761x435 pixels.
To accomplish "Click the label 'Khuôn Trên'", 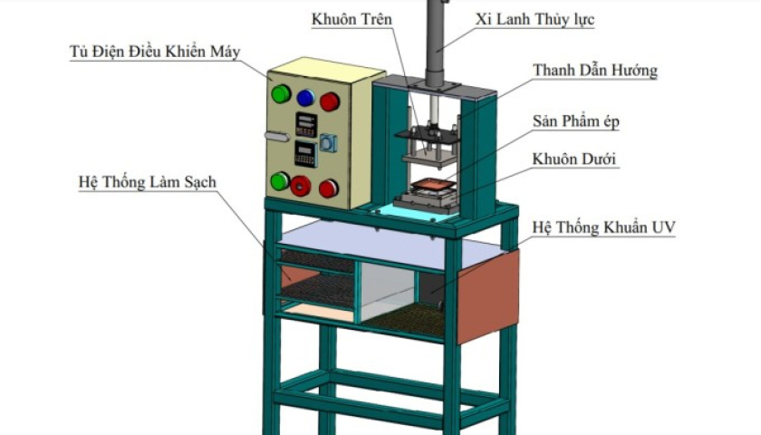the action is pyautogui.click(x=352, y=19).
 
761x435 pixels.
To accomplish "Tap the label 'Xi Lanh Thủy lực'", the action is pyautogui.click(x=535, y=19).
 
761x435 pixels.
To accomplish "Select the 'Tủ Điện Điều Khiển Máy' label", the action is pyautogui.click(x=155, y=52).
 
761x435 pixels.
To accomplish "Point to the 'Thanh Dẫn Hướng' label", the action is pyautogui.click(x=595, y=71).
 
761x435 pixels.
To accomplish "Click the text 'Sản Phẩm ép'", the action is pyautogui.click(x=575, y=121).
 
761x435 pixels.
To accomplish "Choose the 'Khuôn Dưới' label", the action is pyautogui.click(x=574, y=159).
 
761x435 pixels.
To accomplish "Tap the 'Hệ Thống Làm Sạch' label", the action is pyautogui.click(x=148, y=182).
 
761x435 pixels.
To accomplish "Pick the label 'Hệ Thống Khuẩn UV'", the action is pyautogui.click(x=603, y=227).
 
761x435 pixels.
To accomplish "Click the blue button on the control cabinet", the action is pyautogui.click(x=305, y=98).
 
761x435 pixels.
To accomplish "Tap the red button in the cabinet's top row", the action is pyautogui.click(x=330, y=101).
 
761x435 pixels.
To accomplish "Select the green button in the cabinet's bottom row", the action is pyautogui.click(x=280, y=181).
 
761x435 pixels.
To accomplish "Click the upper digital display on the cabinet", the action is pyautogui.click(x=306, y=125).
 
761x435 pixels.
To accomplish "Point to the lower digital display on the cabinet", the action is pyautogui.click(x=306, y=153).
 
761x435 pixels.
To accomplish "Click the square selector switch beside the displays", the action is pyautogui.click(x=328, y=143).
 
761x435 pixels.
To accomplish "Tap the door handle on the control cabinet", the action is pyautogui.click(x=276, y=137).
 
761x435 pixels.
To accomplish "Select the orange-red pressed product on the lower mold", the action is pyautogui.click(x=433, y=185).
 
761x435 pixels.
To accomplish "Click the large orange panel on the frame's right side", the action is pyautogui.click(x=487, y=296).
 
